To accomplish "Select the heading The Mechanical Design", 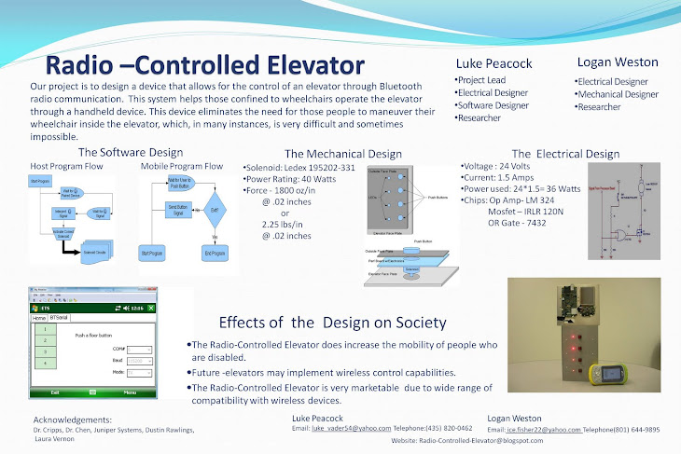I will [342, 154].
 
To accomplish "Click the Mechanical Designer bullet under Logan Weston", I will [617, 94].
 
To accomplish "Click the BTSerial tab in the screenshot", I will [60, 318].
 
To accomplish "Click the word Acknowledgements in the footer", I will [72, 420].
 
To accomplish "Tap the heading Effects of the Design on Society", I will [331, 323].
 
